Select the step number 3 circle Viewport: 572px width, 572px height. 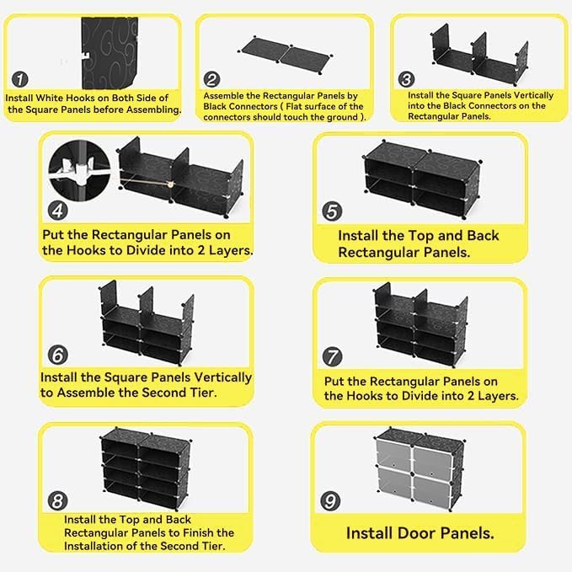tap(407, 80)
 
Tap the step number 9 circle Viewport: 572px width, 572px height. tap(330, 500)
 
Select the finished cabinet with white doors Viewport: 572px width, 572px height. tap(419, 468)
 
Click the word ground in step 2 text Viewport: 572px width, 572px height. tap(340, 117)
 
